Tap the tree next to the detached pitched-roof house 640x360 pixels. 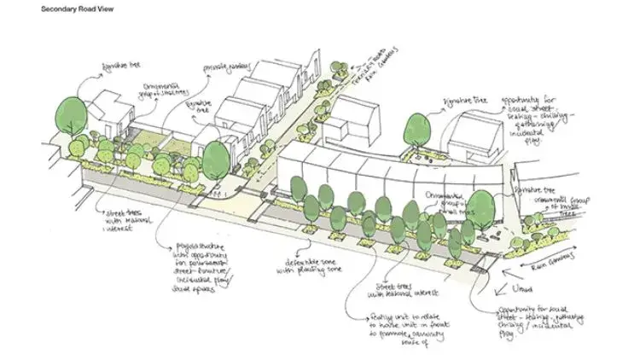(x=416, y=128)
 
